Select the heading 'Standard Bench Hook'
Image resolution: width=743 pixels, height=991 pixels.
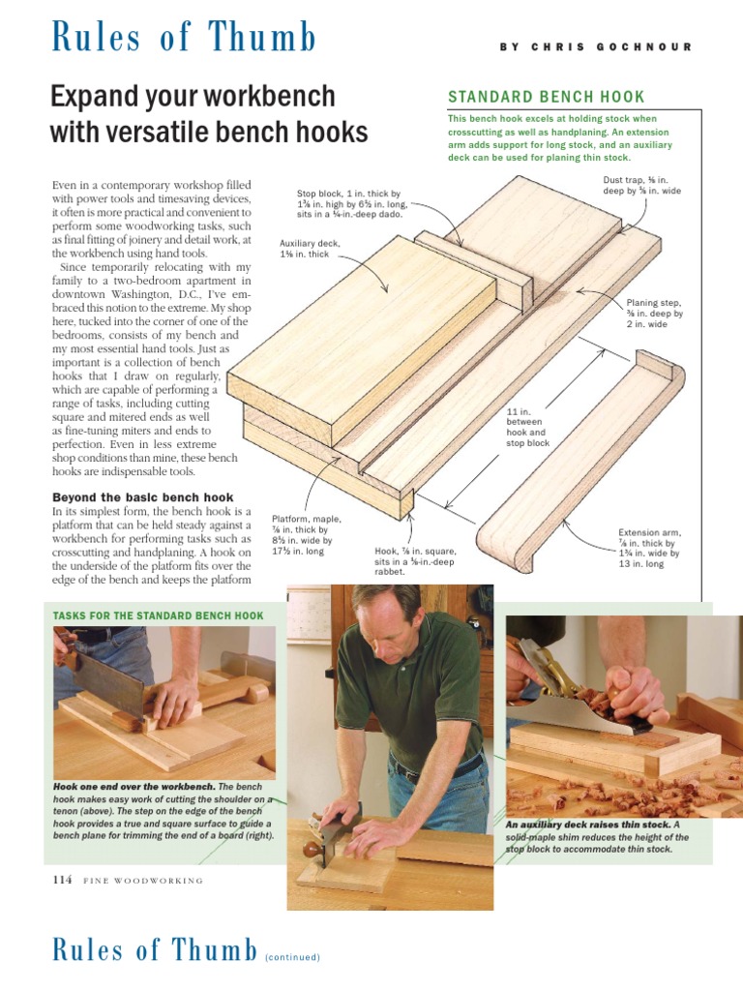pyautogui.click(x=546, y=97)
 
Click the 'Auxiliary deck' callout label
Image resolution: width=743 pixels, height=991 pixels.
pyautogui.click(x=305, y=249)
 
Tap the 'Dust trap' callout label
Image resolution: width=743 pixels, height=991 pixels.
pyautogui.click(x=641, y=186)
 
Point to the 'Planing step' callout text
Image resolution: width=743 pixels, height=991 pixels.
pyautogui.click(x=654, y=313)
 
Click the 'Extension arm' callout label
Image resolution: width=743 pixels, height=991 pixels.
pyautogui.click(x=649, y=548)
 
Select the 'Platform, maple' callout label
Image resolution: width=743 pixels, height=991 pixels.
pyautogui.click(x=306, y=535)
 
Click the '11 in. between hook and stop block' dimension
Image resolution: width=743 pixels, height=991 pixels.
pyautogui.click(x=527, y=427)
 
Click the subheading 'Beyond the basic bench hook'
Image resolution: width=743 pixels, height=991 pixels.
pyautogui.click(x=143, y=496)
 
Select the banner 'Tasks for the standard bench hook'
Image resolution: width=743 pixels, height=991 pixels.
pyautogui.click(x=158, y=616)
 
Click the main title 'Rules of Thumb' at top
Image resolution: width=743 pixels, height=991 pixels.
pyautogui.click(x=183, y=38)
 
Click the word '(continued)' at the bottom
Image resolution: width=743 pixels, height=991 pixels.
pyautogui.click(x=292, y=957)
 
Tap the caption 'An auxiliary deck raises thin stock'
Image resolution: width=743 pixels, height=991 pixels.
pyautogui.click(x=597, y=837)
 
